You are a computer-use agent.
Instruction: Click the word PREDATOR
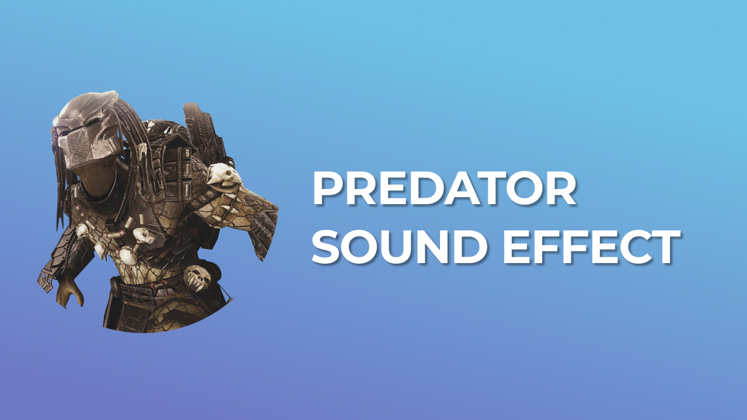444,190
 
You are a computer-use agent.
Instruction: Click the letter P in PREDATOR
329,190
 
